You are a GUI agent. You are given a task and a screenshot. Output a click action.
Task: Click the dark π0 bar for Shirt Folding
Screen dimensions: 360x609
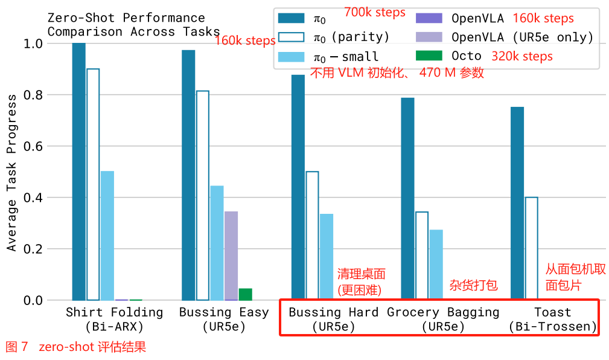(x=78, y=172)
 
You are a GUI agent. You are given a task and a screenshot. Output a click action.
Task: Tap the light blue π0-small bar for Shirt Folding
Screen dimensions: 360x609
(x=107, y=236)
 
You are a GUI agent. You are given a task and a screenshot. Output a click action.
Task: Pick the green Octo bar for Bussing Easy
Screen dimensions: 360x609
(x=245, y=294)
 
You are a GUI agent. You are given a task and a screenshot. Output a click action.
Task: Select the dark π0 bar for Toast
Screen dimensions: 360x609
(x=517, y=203)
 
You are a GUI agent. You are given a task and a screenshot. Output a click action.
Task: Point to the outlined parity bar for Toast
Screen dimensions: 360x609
(x=531, y=248)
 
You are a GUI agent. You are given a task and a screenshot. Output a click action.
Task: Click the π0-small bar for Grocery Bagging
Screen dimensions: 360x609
(x=436, y=265)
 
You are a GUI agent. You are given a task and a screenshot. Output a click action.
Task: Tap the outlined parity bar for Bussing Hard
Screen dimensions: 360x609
(x=312, y=236)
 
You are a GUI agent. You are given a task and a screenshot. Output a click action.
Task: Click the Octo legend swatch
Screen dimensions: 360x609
(x=429, y=56)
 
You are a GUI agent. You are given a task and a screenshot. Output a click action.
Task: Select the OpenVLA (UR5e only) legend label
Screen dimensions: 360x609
(x=523, y=37)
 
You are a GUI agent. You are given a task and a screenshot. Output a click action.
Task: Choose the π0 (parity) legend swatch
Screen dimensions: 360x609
(x=291, y=37)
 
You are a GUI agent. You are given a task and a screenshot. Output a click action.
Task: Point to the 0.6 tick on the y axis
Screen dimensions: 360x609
(x=33, y=146)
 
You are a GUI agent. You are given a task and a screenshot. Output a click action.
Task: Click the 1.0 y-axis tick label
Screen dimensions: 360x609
(x=33, y=44)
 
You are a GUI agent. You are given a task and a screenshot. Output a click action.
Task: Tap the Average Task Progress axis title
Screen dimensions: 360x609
(x=12, y=181)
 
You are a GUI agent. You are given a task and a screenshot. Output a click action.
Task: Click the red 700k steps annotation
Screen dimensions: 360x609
(x=375, y=12)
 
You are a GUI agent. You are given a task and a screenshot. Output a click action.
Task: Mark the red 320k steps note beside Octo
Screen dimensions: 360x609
(x=522, y=56)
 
